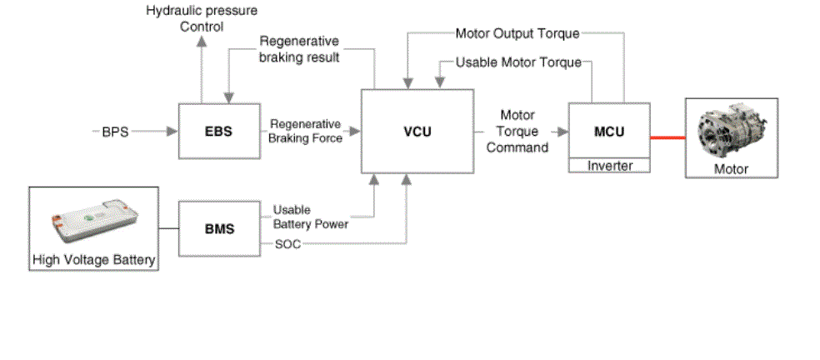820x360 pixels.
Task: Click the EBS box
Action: click(x=219, y=132)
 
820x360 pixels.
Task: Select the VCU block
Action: click(x=417, y=132)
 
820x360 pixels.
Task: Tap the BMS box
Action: click(x=219, y=228)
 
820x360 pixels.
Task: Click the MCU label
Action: click(x=609, y=131)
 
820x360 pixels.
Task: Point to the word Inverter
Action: click(x=610, y=166)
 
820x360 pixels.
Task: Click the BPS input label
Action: click(x=115, y=132)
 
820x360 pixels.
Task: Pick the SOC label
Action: click(x=287, y=244)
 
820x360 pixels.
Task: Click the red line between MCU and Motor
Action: click(x=667, y=137)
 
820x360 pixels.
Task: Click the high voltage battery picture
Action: click(x=94, y=220)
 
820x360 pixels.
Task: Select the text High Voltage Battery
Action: click(x=93, y=260)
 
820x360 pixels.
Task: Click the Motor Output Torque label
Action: click(x=517, y=33)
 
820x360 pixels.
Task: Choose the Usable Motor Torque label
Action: click(x=518, y=62)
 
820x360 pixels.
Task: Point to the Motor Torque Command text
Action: click(x=517, y=132)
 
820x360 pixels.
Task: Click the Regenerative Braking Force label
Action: click(x=305, y=132)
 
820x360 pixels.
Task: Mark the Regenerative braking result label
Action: click(x=299, y=48)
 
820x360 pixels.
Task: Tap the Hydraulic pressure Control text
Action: click(x=202, y=18)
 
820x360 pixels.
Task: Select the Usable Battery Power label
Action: click(x=311, y=217)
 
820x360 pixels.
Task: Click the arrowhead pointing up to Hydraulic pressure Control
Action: click(x=202, y=41)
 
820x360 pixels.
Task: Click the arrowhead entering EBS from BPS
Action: click(x=172, y=132)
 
